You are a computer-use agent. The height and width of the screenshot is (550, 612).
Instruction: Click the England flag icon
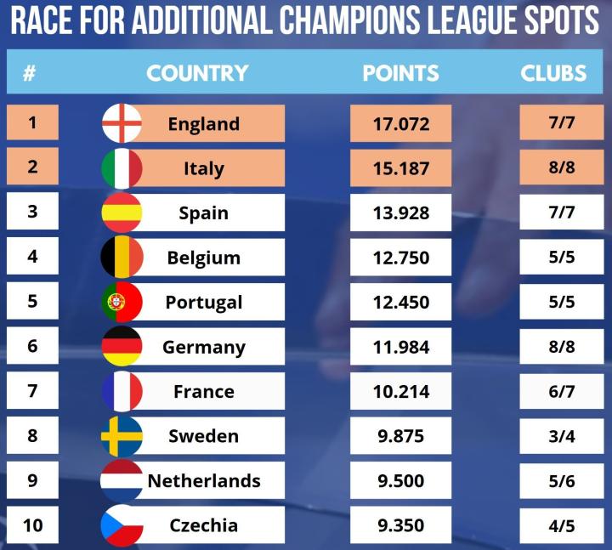(122, 123)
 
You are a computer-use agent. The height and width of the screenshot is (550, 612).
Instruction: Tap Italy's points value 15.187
(401, 167)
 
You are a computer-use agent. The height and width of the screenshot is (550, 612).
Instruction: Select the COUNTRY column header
(197, 73)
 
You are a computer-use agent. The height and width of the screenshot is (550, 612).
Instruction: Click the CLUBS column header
(553, 73)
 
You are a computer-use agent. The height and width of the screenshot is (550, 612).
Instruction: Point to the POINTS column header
(401, 73)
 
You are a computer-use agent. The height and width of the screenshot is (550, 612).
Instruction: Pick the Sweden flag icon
(122, 436)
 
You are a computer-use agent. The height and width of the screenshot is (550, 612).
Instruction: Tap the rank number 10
(32, 524)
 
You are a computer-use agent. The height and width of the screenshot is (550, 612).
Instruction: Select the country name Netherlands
(204, 480)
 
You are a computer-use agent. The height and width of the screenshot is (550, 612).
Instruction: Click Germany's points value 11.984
(401, 346)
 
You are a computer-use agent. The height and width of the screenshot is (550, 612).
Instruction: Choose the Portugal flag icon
(122, 302)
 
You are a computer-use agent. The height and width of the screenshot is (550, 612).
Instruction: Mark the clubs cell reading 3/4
(562, 435)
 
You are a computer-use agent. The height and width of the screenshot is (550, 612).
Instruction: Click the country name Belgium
(204, 258)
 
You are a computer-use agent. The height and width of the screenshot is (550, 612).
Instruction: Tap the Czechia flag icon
(122, 525)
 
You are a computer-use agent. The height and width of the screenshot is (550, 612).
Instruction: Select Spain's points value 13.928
(401, 213)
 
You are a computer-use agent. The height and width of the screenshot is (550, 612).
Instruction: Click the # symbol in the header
(29, 73)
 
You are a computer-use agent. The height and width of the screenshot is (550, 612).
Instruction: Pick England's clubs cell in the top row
(562, 122)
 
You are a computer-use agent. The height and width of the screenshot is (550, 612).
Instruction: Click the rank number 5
(32, 301)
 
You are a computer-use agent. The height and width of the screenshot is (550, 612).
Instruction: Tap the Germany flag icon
(122, 347)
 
